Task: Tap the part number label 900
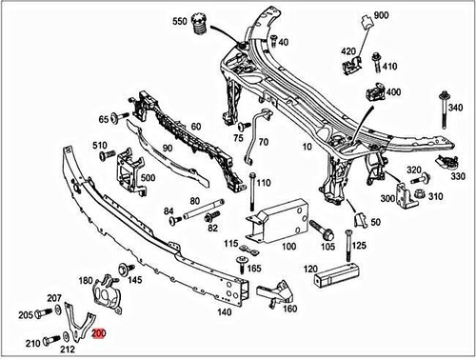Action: (382, 16)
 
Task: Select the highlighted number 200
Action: (100, 334)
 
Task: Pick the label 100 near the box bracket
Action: (302, 244)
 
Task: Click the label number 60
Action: (195, 127)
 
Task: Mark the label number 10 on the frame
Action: (307, 148)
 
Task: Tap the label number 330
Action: (459, 176)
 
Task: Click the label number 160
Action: (289, 309)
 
